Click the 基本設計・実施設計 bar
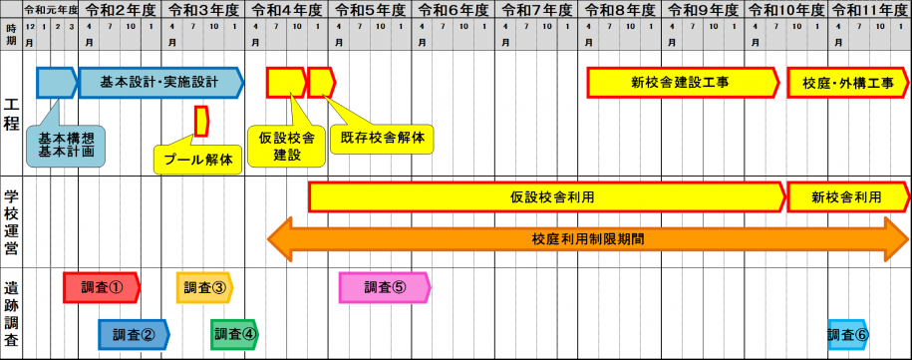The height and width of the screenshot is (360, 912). coord(159,82)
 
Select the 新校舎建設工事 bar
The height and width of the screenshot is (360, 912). coord(681,83)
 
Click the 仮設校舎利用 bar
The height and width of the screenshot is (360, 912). coord(546,197)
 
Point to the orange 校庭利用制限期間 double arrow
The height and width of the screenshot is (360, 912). coord(588,239)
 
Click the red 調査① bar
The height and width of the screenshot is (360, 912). coord(101,287)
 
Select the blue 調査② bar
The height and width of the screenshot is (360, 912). coord(133,335)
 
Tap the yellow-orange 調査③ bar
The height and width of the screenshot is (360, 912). coord(204,287)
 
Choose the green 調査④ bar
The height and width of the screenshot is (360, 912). coord(234,335)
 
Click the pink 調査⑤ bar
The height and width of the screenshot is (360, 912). coord(384,287)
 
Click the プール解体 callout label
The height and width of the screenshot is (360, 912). coord(198,159)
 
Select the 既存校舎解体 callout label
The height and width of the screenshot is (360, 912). coord(382,138)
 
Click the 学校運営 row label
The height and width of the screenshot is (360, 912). coord(12,221)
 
